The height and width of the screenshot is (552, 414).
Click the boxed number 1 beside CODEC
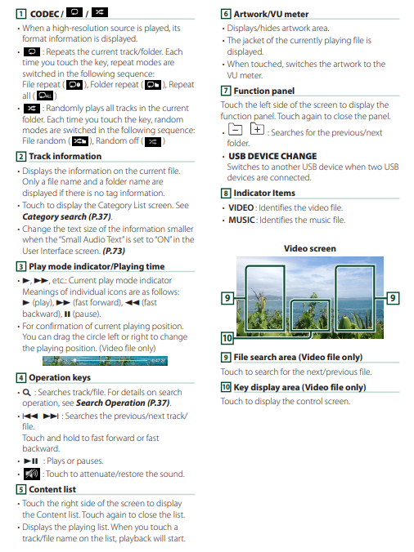[20, 14]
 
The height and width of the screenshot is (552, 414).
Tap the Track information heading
[65, 156]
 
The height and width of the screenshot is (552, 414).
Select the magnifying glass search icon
[26, 392]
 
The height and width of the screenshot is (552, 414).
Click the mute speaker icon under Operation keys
[32, 474]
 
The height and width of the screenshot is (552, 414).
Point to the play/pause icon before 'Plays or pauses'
[31, 461]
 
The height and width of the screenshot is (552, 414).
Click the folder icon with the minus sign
[235, 130]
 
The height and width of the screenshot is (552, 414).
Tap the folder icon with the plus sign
[257, 129]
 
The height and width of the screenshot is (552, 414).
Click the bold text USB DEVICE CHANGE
[272, 156]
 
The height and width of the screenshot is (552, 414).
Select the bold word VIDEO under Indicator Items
[241, 207]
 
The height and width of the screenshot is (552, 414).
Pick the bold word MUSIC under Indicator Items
[241, 220]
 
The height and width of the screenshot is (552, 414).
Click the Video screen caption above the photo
[309, 248]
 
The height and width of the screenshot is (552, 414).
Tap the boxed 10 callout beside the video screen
[227, 338]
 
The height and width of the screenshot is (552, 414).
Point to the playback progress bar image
[105, 361]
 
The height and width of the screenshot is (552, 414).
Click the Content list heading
[52, 489]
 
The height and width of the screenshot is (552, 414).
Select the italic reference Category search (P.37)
[66, 217]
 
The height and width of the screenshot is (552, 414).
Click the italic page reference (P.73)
[114, 251]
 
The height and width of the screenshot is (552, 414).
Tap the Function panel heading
[263, 91]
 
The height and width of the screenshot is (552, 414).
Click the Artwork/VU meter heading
[271, 14]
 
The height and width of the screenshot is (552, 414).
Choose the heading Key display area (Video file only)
[299, 387]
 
